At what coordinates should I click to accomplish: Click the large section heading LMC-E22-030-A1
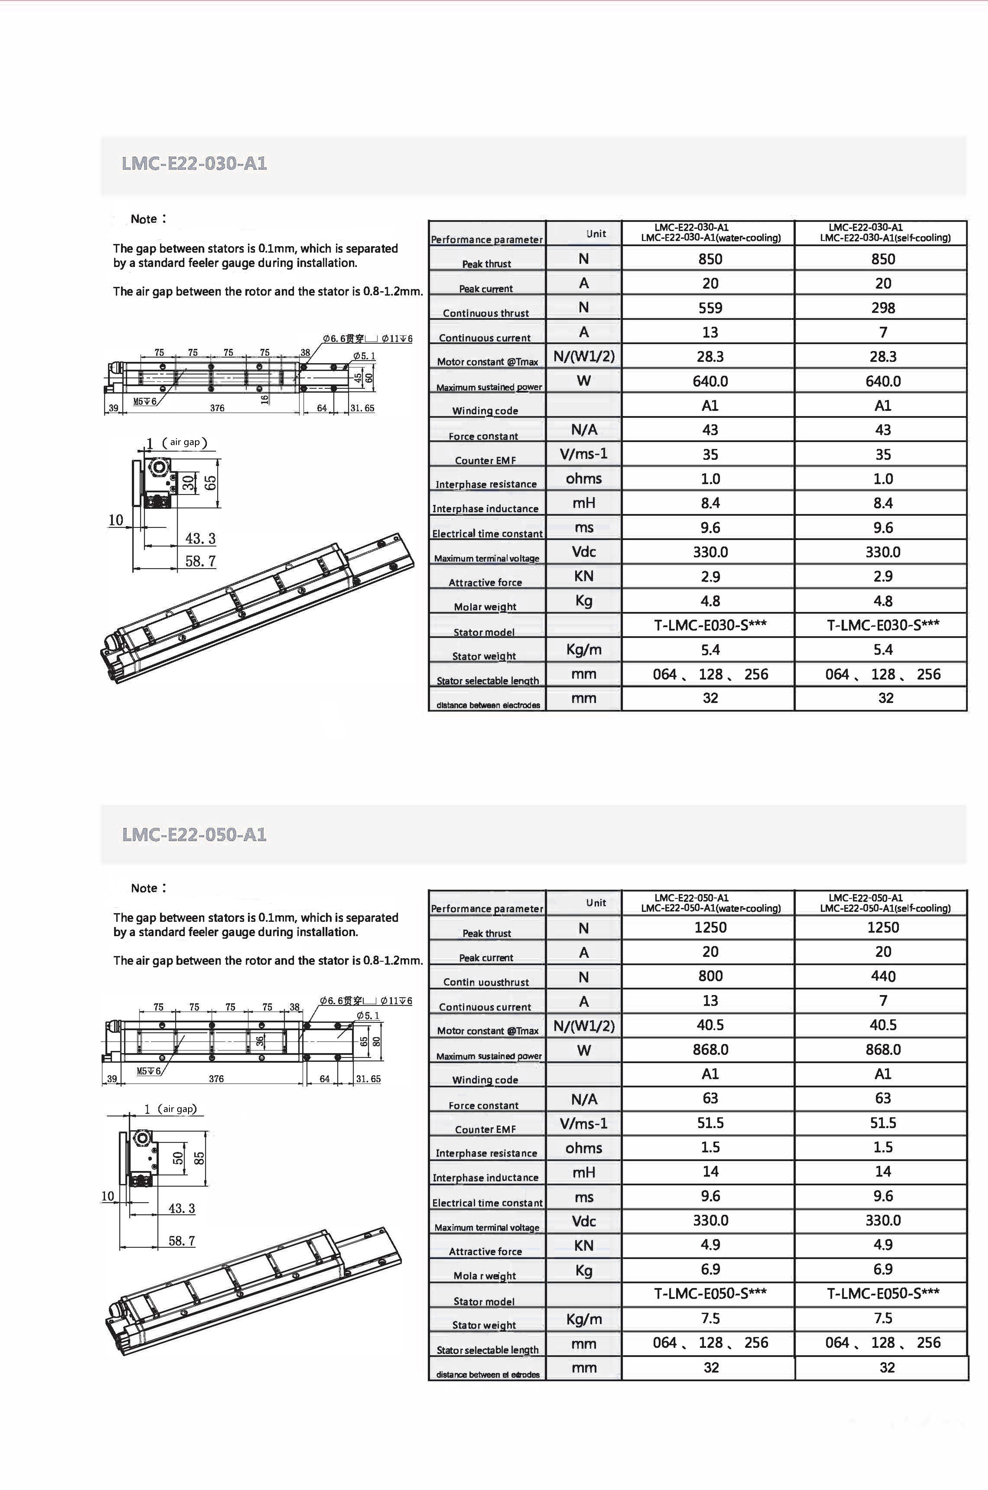pyautogui.click(x=194, y=164)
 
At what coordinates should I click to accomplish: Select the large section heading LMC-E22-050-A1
pyautogui.click(x=194, y=835)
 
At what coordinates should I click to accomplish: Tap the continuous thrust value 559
pyautogui.click(x=710, y=308)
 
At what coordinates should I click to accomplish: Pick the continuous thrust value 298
pyautogui.click(x=883, y=308)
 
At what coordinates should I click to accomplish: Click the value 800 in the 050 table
pyautogui.click(x=710, y=976)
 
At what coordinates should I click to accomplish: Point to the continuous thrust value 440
pyautogui.click(x=883, y=976)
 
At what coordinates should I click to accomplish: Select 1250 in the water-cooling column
pyautogui.click(x=710, y=927)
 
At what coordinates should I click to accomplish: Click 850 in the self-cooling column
pyautogui.click(x=883, y=259)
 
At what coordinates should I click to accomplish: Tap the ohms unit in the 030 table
pyautogui.click(x=583, y=479)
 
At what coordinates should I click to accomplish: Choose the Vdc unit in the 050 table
pyautogui.click(x=583, y=1221)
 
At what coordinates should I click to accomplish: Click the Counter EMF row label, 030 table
pyautogui.click(x=485, y=461)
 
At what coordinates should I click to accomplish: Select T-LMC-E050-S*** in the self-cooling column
pyautogui.click(x=883, y=1293)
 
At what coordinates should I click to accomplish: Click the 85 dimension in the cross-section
pyautogui.click(x=200, y=1158)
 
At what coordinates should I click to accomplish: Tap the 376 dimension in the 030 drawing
pyautogui.click(x=217, y=408)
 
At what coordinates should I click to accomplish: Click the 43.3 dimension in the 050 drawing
pyautogui.click(x=182, y=1208)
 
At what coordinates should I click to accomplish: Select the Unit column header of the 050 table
pyautogui.click(x=595, y=903)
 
